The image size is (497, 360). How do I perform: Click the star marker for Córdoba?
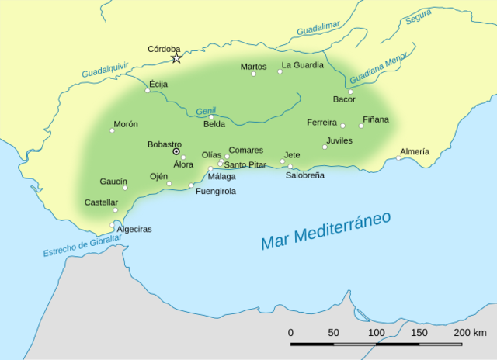coord(176,58)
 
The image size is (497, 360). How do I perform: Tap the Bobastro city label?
coord(164,144)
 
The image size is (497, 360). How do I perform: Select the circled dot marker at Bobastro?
coord(176,152)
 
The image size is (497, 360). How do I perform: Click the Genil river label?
coord(206,111)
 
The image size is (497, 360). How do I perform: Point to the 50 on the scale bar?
coord(334,332)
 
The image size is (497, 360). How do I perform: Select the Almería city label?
coord(414,151)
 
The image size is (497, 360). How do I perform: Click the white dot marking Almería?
coord(399,158)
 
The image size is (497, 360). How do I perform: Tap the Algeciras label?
coord(134,230)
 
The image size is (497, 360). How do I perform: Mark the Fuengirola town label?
coord(216,191)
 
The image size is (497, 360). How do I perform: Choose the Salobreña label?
coord(304,175)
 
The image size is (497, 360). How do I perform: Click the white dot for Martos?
coord(253,74)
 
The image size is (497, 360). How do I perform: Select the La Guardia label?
coord(303,65)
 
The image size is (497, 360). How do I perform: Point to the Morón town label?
coord(125,124)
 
